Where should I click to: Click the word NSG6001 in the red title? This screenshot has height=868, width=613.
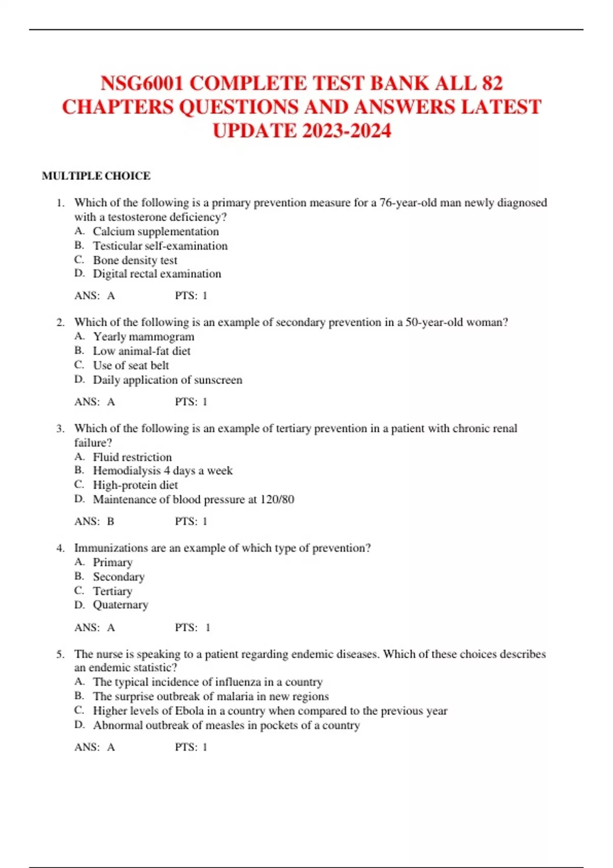(142, 83)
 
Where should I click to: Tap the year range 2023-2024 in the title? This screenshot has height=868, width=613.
(346, 131)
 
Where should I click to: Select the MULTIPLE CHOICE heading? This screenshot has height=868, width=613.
(96, 176)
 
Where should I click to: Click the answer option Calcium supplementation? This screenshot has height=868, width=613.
(156, 231)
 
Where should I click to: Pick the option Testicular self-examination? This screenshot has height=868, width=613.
(160, 246)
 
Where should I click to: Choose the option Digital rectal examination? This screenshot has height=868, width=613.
(157, 274)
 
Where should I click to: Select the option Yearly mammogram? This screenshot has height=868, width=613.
(144, 336)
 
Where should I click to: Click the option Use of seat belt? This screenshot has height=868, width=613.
(131, 365)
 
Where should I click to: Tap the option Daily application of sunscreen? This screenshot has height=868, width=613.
(168, 380)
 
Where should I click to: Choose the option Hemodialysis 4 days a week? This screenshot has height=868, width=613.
(162, 470)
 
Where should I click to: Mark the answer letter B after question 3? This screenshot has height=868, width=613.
(111, 521)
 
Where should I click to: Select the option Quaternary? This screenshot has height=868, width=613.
(121, 605)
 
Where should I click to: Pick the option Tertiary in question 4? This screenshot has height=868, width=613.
(112, 591)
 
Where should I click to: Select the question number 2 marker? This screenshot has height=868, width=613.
(61, 322)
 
